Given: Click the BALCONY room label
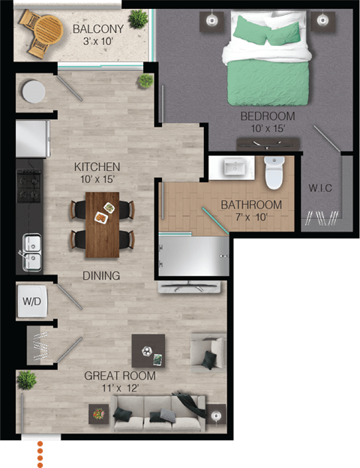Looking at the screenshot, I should (93, 29).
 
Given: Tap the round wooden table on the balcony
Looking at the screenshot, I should (49, 29).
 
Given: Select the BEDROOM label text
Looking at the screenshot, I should (267, 116).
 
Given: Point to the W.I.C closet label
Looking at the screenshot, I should (320, 187).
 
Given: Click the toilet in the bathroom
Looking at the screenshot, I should (274, 175).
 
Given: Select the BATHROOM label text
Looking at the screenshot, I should (251, 205).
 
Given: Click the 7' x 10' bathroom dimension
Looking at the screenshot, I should (251, 217).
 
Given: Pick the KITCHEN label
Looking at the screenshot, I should (97, 166).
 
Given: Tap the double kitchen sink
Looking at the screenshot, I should (31, 251).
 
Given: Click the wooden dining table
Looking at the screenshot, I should (102, 223).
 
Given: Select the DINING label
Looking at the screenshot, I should (101, 276).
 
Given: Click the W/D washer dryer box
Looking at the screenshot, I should (33, 301).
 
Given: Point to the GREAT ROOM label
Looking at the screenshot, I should (120, 376).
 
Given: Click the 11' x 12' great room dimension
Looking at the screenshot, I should (120, 388).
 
